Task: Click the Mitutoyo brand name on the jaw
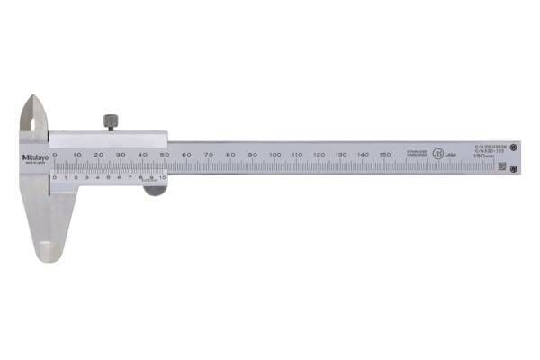(x=32, y=158)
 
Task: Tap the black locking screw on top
(x=111, y=121)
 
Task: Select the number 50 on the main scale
(x=165, y=155)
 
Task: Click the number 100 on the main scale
(x=274, y=155)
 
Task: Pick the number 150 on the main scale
(x=385, y=155)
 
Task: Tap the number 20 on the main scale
(x=99, y=155)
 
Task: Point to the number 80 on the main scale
(x=231, y=155)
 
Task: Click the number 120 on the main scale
(x=319, y=155)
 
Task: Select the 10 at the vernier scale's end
(x=163, y=177)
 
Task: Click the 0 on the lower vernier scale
(x=54, y=177)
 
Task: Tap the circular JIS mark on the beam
(x=438, y=155)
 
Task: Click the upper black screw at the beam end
(x=514, y=147)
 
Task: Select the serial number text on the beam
(x=490, y=146)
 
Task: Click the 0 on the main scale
(x=55, y=155)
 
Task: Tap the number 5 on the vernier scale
(x=108, y=177)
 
